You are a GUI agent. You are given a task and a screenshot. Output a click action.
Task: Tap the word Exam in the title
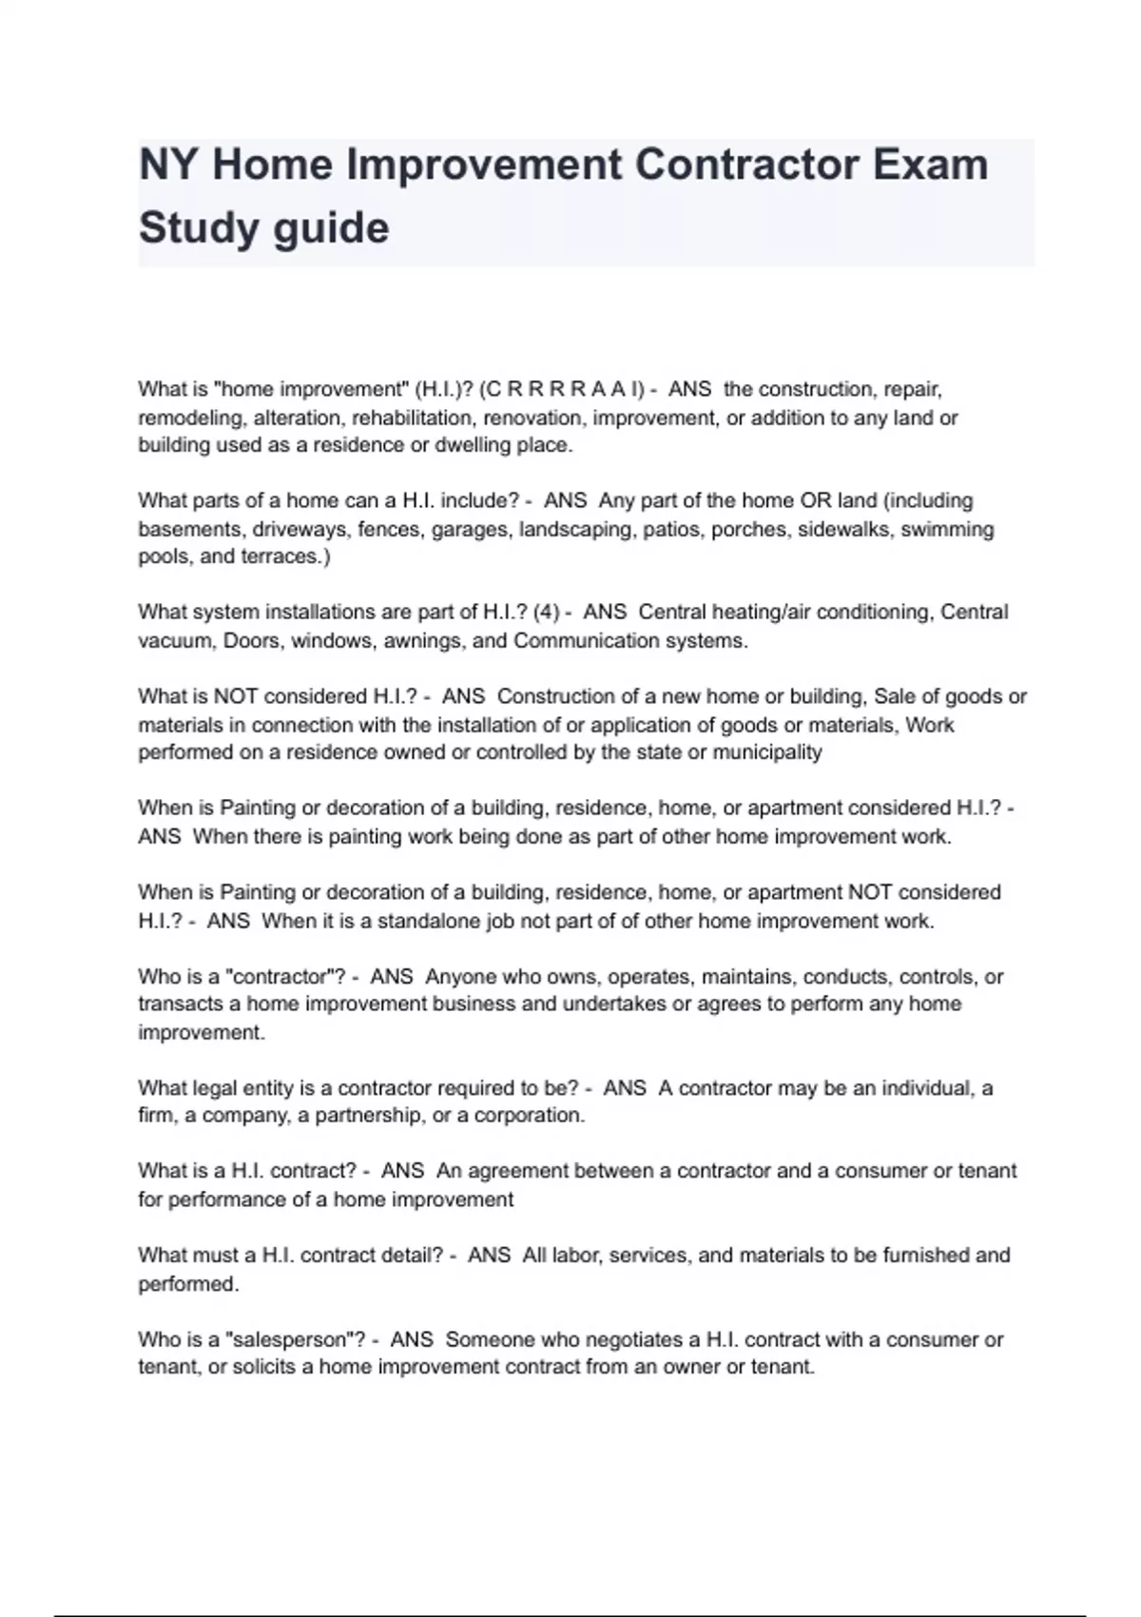click(x=927, y=165)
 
